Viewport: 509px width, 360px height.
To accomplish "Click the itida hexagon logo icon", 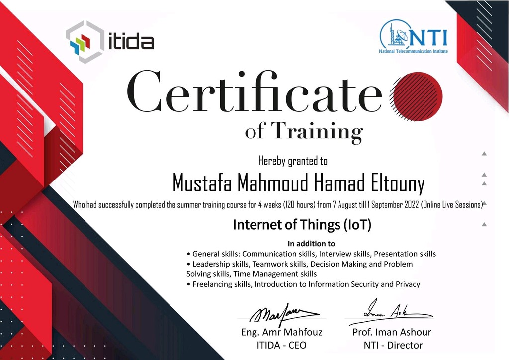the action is pos(85,42).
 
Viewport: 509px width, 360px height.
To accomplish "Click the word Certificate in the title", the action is pos(254,91).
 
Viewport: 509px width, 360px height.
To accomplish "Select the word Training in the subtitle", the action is pos(317,132).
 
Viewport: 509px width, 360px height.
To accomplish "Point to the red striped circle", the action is pos(417,96).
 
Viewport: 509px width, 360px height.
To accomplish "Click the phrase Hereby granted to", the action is pos(293,161).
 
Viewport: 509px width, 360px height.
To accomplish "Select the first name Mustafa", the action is pos(202,182).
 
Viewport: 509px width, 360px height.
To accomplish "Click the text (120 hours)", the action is pos(299,205).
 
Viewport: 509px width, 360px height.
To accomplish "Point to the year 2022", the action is pos(411,205).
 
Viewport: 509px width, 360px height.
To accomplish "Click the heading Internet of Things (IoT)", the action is pos(302,225).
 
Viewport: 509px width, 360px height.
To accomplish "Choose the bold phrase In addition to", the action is pos(311,244).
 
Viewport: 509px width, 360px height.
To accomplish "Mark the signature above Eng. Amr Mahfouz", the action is pos(284,314).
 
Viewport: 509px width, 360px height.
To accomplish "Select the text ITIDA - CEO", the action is pos(281,345).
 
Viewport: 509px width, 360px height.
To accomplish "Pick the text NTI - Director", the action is pos(393,345).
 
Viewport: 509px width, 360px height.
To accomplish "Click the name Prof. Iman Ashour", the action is pos(392,332).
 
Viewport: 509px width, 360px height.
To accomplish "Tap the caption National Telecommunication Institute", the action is pos(413,51).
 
